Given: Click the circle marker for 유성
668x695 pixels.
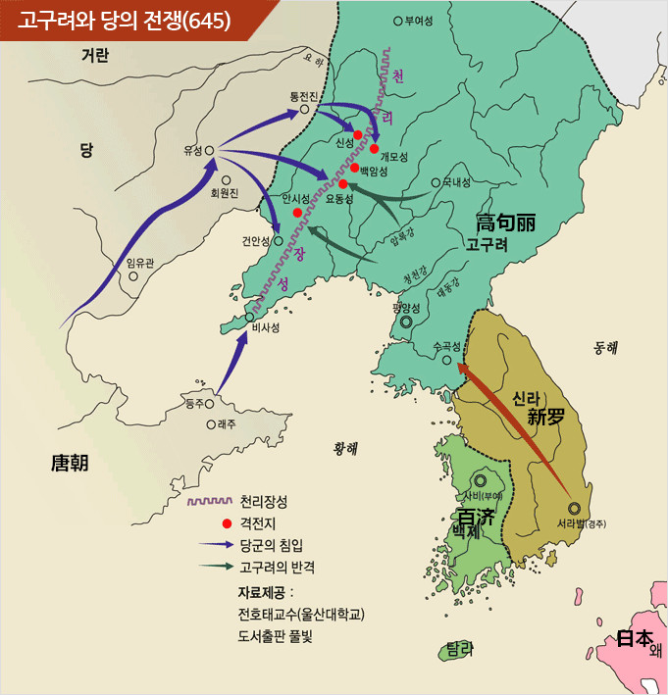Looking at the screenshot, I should coord(210,150).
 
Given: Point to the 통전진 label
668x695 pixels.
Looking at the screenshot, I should coord(304,95).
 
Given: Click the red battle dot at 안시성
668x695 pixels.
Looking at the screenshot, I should coord(297,213).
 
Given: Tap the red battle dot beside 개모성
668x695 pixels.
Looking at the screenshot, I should coord(375,149).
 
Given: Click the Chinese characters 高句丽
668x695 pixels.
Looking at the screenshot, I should coord(505,223).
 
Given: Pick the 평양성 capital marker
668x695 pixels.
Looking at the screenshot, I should coord(405,321).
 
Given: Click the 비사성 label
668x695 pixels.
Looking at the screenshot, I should coord(266,328).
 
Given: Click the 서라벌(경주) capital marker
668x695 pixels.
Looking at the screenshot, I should coord(574,508).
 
